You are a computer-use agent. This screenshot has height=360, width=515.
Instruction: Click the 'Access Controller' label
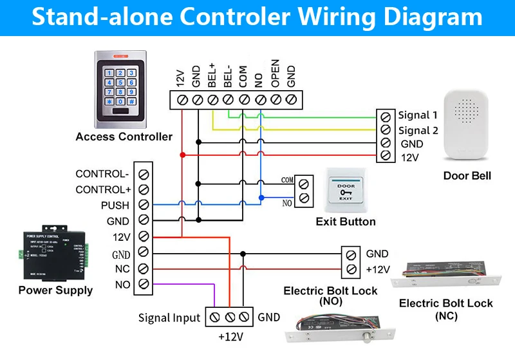coord(124,137)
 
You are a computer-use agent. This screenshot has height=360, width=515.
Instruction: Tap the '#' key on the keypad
coord(131,101)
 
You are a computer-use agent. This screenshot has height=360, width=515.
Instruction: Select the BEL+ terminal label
coord(212,76)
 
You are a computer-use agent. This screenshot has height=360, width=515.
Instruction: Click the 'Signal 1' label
coord(417,115)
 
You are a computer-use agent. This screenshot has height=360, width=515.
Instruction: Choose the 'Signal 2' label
coord(417,131)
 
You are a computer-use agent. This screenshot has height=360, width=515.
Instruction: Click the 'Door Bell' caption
coord(467,176)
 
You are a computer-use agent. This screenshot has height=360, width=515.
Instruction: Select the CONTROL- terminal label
coord(102,174)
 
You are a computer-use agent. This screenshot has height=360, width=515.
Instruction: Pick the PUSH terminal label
coord(115,205)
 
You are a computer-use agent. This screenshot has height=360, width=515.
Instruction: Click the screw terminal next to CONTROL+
coord(144,189)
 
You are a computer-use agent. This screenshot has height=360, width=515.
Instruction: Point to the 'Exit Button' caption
coord(346,222)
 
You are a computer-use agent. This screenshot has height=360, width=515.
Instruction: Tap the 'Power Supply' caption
coord(55,290)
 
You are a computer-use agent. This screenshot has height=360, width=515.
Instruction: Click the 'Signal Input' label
coord(169,317)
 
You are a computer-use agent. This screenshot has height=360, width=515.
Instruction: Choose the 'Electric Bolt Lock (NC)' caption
coord(446,309)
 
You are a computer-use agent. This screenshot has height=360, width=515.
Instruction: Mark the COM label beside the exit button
coord(286,181)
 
